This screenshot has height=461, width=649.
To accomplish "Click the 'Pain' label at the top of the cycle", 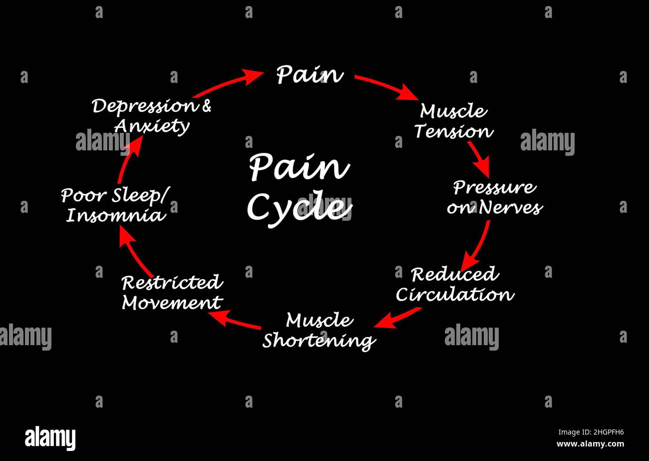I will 310,74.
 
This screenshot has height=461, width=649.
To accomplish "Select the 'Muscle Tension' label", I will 453,121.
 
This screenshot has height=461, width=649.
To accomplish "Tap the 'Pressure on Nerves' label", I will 494,197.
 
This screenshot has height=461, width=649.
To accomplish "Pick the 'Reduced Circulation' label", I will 454,284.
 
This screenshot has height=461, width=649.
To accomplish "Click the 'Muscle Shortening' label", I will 319,331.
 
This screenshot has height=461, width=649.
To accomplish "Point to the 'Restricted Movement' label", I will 172,293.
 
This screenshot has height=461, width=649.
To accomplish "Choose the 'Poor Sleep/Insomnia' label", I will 114,205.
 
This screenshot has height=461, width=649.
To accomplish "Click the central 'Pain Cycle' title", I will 299,187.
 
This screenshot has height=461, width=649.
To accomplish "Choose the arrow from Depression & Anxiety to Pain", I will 228,83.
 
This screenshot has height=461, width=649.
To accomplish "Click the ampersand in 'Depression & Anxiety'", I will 206,106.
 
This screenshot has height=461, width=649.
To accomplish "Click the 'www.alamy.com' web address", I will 590,444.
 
